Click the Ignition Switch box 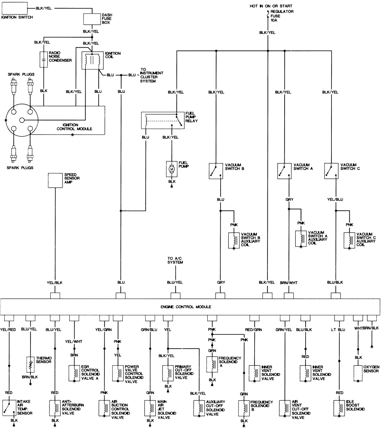[14, 8]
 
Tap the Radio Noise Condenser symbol [44, 60]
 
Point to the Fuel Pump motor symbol [172, 169]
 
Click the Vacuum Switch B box [216, 171]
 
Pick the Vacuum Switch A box [285, 171]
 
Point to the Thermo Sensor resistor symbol [30, 365]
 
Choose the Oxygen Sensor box [358, 373]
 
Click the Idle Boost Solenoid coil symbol [339, 408]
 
